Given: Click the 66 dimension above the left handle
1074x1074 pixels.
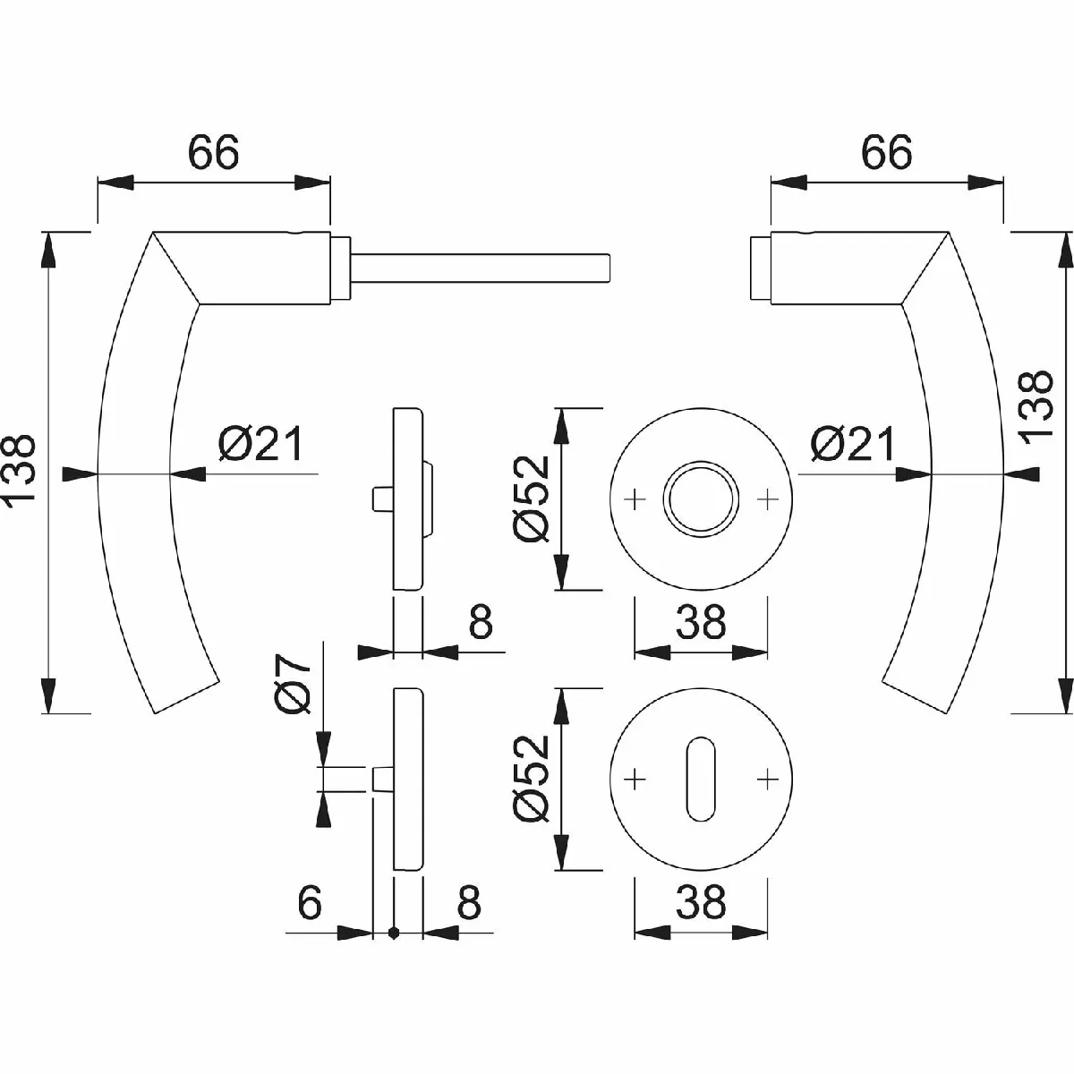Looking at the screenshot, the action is tap(214, 151).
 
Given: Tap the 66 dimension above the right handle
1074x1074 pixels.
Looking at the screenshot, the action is tap(887, 151).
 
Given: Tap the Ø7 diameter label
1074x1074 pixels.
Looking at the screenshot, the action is tap(294, 684).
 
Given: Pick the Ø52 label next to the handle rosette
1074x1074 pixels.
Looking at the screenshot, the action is tap(533, 499).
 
